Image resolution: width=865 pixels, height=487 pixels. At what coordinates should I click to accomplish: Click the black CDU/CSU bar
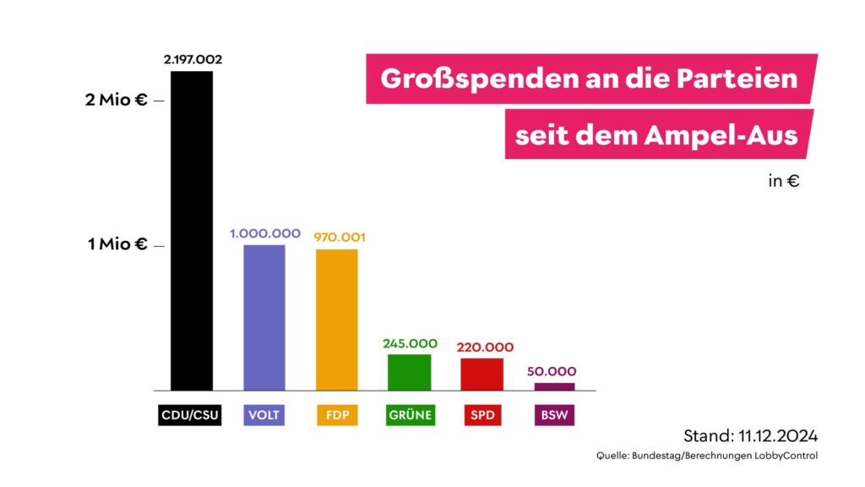192,231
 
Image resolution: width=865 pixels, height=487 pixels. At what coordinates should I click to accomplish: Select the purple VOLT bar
264,318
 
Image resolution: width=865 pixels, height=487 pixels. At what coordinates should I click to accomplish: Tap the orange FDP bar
337,320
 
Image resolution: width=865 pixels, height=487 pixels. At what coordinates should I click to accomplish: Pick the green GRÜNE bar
410,372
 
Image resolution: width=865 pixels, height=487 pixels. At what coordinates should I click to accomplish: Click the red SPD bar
482,374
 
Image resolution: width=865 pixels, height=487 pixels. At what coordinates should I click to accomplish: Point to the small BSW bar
554,386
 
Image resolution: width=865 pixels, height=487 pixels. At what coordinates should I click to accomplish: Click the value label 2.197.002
193,60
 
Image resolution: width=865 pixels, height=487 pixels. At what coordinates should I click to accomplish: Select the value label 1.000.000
265,233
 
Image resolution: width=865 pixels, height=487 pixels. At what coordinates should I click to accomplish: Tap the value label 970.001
340,238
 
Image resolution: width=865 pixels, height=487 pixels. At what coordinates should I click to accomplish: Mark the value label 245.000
410,343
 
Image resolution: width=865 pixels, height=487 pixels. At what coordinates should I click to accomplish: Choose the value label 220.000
484,347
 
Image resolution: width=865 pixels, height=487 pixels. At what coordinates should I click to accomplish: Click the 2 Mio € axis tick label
117,100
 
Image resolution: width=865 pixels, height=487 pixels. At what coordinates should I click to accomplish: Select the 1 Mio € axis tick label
117,244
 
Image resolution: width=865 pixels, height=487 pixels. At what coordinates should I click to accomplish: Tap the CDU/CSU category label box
190,415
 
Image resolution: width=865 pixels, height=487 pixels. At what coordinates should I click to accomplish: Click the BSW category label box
554,415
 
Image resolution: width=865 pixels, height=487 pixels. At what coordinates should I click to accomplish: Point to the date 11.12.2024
775,436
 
